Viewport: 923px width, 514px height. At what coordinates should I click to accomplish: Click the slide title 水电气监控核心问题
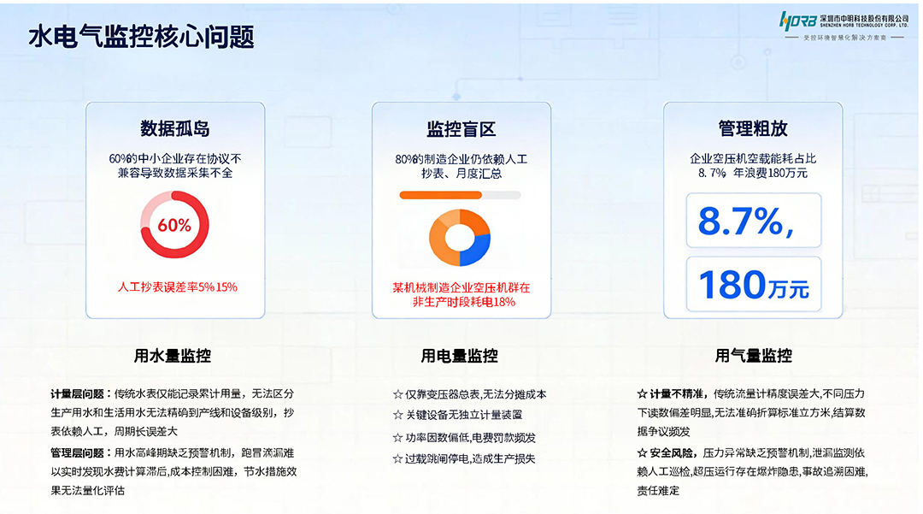point(141,37)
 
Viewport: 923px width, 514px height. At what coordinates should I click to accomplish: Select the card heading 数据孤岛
point(175,129)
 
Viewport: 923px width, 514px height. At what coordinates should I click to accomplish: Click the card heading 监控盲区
point(461,129)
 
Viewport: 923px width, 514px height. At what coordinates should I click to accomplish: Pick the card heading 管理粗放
point(753,129)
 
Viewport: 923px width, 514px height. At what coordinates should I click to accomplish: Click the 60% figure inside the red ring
point(174,226)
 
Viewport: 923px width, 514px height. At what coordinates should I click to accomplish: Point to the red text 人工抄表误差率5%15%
point(177,287)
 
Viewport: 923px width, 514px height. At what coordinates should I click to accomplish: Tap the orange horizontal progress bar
point(441,195)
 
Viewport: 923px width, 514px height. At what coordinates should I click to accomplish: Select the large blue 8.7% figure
point(740,222)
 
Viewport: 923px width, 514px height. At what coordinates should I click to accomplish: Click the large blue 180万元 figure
point(753,286)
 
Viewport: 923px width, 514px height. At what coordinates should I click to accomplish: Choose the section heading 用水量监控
point(173,356)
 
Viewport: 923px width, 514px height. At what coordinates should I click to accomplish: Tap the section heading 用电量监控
point(459,356)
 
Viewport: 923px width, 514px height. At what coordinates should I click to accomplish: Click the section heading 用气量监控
point(753,356)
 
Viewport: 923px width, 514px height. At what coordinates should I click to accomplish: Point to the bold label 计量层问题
point(78,394)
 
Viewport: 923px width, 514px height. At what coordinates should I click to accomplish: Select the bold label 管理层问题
point(78,453)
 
